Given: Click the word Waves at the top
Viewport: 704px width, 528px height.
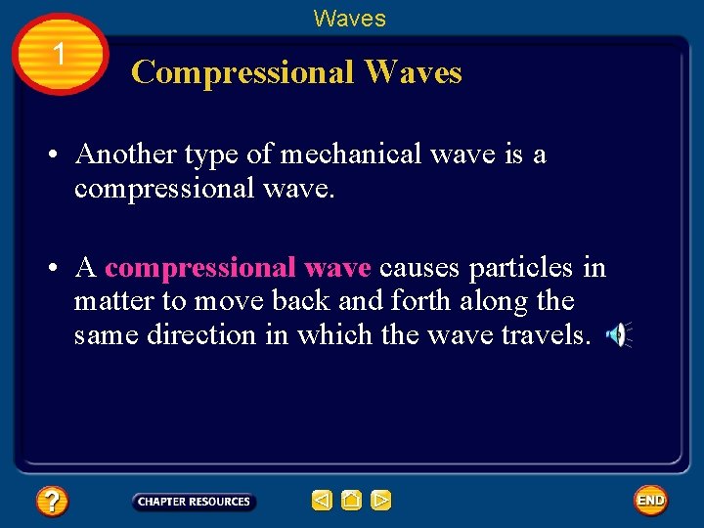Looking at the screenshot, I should (349, 19).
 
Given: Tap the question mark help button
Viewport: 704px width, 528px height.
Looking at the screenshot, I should (52, 502).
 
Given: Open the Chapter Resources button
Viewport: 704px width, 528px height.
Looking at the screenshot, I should (194, 502).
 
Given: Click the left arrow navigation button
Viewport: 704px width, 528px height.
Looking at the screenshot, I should (322, 501).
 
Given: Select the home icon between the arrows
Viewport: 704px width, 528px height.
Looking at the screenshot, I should (351, 501).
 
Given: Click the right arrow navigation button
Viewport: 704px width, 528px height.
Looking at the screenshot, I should (380, 501).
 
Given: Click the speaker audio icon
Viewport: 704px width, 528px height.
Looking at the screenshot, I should (618, 335).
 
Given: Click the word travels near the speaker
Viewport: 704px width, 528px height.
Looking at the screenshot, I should (546, 335).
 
